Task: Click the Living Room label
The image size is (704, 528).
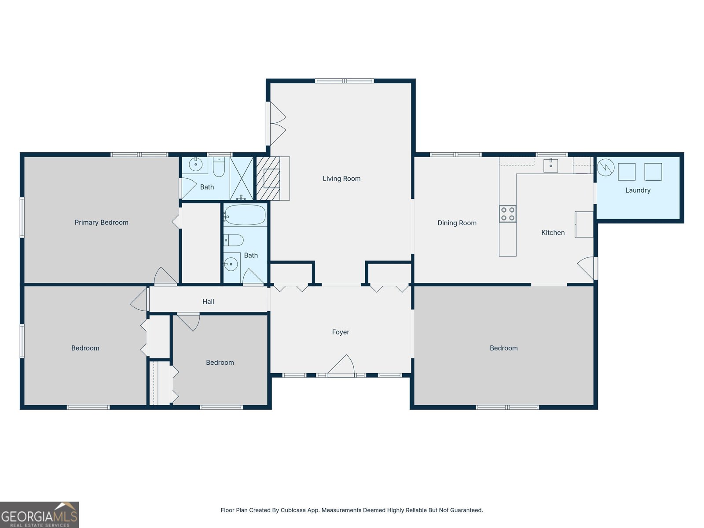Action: [341, 179]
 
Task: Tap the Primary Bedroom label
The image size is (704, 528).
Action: [101, 223]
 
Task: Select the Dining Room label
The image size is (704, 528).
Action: [457, 223]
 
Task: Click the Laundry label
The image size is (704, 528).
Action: [638, 190]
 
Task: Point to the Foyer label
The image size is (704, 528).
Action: [341, 332]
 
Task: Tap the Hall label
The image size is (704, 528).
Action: [208, 302]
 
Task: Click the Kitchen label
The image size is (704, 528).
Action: [553, 233]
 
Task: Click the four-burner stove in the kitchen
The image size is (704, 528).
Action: [508, 214]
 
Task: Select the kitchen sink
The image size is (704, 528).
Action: [551, 165]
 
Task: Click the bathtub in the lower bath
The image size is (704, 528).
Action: [246, 215]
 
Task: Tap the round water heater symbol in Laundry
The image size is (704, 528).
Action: [605, 167]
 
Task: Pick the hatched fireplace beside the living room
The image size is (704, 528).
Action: [268, 178]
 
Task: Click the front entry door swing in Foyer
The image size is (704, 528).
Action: [341, 364]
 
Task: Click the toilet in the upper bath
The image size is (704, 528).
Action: [219, 167]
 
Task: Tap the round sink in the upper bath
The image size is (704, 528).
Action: [196, 165]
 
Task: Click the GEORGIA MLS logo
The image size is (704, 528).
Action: [40, 515]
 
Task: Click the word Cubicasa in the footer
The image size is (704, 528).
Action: [293, 510]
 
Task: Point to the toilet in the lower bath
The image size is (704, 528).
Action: [234, 240]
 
